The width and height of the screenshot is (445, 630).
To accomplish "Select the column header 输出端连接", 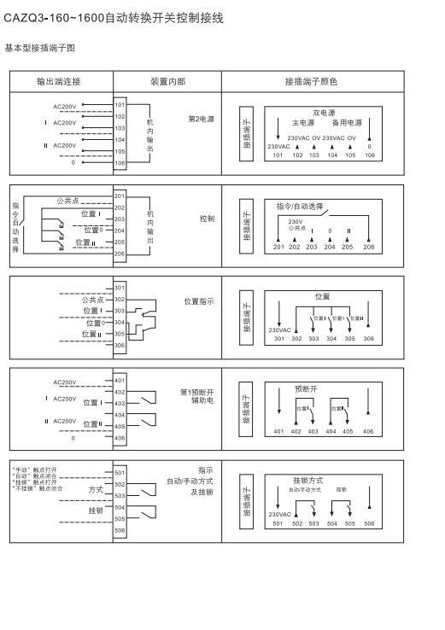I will (x=58, y=82).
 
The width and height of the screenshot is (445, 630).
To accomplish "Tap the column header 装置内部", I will (x=167, y=82).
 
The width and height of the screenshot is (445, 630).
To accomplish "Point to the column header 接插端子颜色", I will (x=311, y=82).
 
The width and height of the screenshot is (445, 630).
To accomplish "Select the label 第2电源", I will (x=201, y=119).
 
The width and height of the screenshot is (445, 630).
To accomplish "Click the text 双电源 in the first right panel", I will (x=324, y=112).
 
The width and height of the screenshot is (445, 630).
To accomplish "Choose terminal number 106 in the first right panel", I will (x=369, y=155).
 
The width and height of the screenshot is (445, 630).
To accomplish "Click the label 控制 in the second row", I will (x=207, y=219).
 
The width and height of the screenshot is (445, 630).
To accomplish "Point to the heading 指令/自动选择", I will (x=300, y=207).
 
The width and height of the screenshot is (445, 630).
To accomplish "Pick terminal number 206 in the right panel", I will (x=369, y=247).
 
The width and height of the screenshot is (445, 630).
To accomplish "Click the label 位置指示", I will (x=199, y=301).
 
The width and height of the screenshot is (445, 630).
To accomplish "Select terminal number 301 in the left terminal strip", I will (x=120, y=288).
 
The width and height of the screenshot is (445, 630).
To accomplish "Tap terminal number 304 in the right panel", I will (x=331, y=339).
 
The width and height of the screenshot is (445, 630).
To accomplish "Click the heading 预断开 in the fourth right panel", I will (x=305, y=388).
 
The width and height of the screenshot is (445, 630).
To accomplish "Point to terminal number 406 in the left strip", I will (x=120, y=438).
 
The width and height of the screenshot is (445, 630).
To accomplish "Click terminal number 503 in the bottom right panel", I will (x=313, y=523).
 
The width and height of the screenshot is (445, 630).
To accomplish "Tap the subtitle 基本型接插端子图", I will (x=40, y=48).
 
